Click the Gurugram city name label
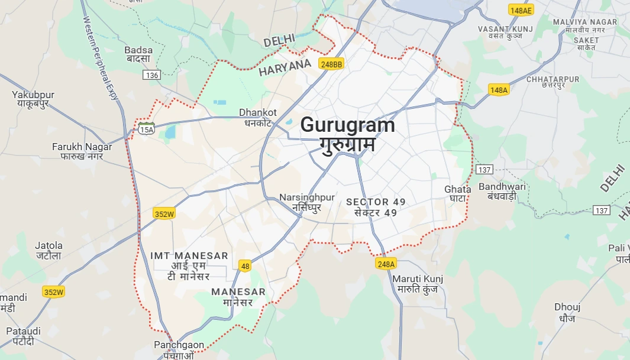[347, 125]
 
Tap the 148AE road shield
[521, 9]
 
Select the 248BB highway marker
[331, 64]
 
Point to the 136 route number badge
[151, 75]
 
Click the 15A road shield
[146, 128]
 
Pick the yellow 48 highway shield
[245, 266]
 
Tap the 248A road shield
[385, 264]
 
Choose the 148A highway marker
[499, 90]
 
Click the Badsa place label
[138, 50]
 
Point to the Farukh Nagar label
[77, 146]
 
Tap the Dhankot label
[257, 112]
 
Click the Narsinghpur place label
[306, 197]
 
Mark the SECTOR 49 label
[376, 202]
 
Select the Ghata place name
[458, 189]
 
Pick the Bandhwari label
[502, 186]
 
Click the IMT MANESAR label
[189, 255]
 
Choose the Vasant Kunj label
[505, 29]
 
